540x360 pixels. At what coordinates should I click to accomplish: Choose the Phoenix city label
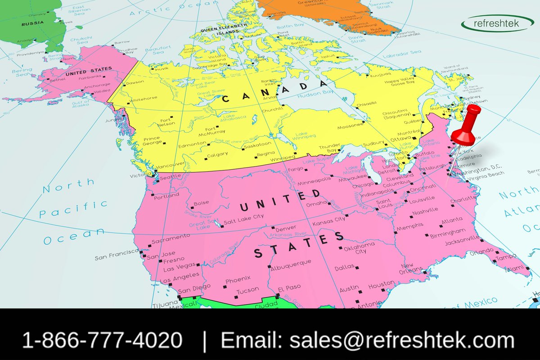click(238, 279)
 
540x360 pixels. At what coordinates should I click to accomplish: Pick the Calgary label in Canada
click(217, 154)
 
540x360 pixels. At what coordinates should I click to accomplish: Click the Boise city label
click(201, 203)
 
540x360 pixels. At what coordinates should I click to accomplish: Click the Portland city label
click(166, 195)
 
